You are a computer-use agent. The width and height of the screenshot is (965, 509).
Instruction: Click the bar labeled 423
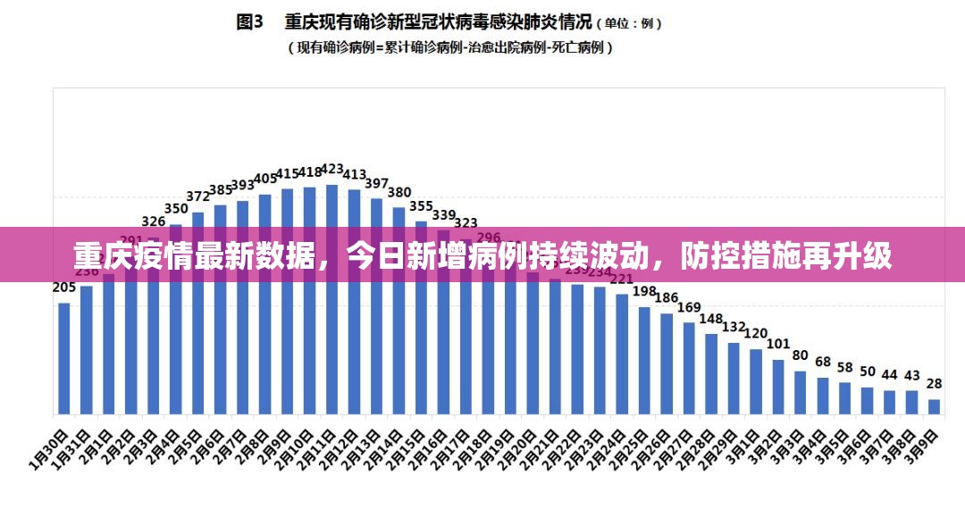pyautogui.click(x=332, y=299)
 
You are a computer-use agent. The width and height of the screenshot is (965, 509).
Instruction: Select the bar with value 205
pyautogui.click(x=64, y=358)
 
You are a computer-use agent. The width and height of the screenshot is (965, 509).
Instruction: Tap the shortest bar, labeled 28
pyautogui.click(x=935, y=406)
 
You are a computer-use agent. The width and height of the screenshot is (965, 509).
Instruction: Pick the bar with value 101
pyautogui.click(x=778, y=387)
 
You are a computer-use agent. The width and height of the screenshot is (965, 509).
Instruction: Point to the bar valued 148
pyautogui.click(x=711, y=373)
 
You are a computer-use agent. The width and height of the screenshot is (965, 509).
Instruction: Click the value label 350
pyautogui.click(x=176, y=209)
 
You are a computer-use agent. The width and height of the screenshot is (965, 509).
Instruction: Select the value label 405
pyautogui.click(x=265, y=179)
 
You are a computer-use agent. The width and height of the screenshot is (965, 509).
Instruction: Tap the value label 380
pyautogui.click(x=399, y=192)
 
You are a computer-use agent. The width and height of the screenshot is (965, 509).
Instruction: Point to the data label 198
pyautogui.click(x=644, y=291)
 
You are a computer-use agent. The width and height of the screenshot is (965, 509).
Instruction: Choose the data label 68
pyautogui.click(x=823, y=363)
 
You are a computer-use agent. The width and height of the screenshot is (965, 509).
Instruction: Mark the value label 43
pyautogui.click(x=912, y=375)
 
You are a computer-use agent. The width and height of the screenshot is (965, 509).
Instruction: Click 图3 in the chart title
pyautogui.click(x=250, y=21)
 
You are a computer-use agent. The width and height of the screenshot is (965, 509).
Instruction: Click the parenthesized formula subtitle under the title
pyautogui.click(x=449, y=48)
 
